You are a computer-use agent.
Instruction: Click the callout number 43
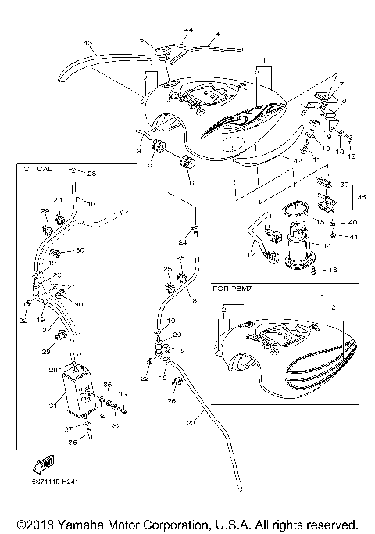tap(87, 42)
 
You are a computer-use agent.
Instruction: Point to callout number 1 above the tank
tap(264, 61)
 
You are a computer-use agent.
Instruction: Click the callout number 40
tap(353, 223)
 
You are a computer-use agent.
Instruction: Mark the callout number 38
tap(362, 198)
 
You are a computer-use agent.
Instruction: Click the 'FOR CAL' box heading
tap(35, 167)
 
